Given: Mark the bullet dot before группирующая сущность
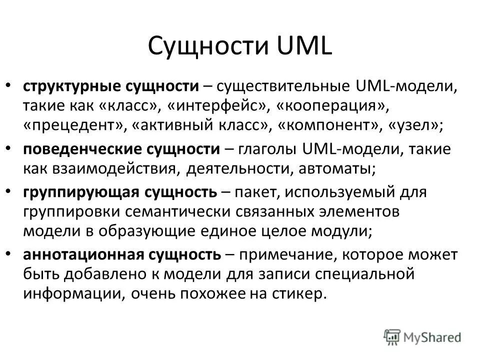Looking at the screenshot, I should point(11,192).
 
